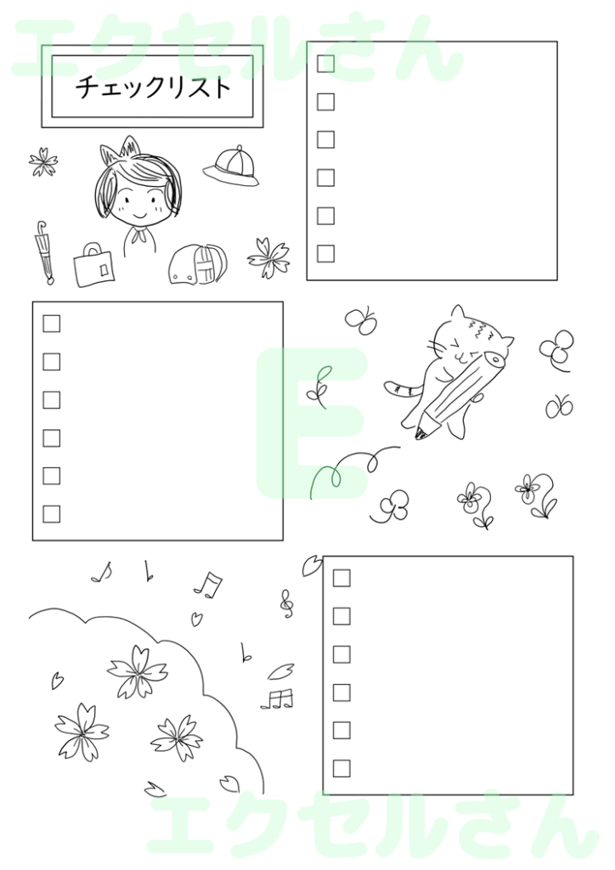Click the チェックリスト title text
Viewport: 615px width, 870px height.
(x=153, y=88)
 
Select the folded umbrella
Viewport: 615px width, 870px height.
(x=44, y=252)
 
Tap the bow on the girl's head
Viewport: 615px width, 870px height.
(x=121, y=149)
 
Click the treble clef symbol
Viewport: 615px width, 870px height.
(x=286, y=603)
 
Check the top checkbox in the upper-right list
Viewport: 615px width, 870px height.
(x=325, y=64)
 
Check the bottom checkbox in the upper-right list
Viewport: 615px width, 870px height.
(x=325, y=253)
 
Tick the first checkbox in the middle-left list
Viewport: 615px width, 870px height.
(x=52, y=324)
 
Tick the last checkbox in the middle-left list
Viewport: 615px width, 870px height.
(x=52, y=514)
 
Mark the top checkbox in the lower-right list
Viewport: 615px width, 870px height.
(x=341, y=578)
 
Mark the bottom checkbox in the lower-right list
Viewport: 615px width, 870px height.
(x=341, y=768)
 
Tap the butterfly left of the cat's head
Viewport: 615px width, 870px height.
(x=361, y=321)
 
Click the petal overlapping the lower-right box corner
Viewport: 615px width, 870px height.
(x=312, y=565)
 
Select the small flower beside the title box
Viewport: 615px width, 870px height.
(x=43, y=161)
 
